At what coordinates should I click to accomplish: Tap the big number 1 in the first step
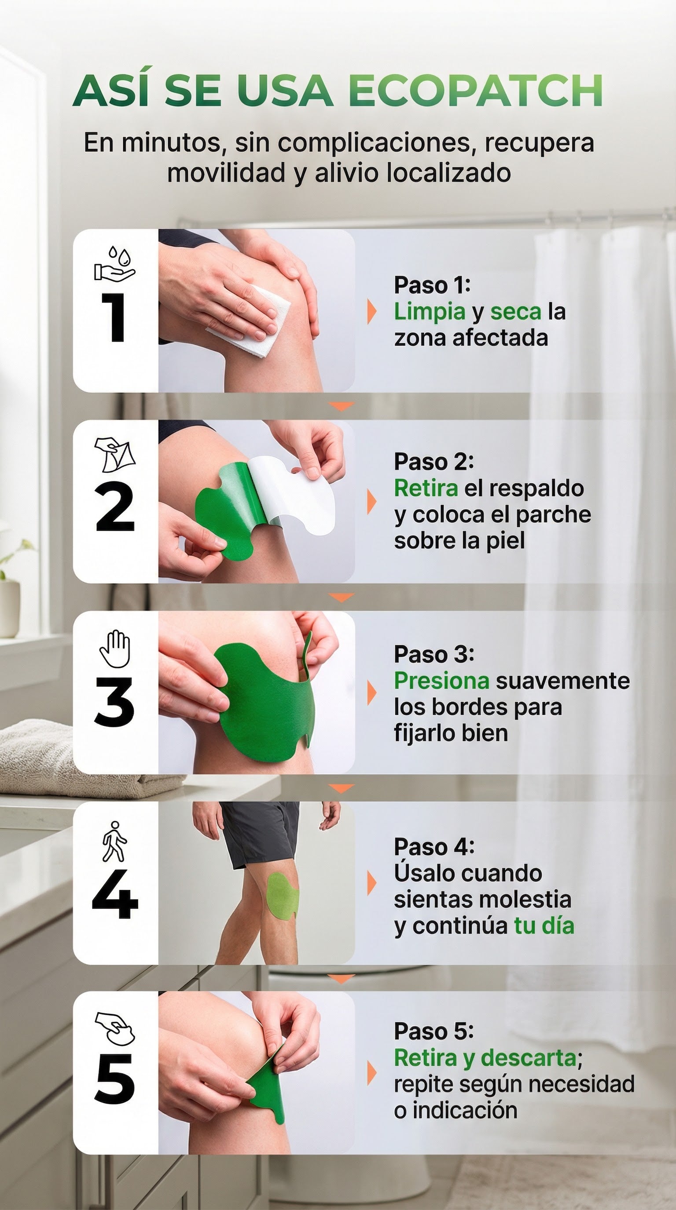114,317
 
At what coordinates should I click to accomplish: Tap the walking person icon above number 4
114,841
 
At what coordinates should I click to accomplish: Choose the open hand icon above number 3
115,649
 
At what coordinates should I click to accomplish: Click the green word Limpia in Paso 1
429,311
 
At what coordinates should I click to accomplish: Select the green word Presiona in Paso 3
441,681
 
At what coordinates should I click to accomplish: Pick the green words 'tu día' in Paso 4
544,926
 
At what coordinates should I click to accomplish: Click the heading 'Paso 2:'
434,462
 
